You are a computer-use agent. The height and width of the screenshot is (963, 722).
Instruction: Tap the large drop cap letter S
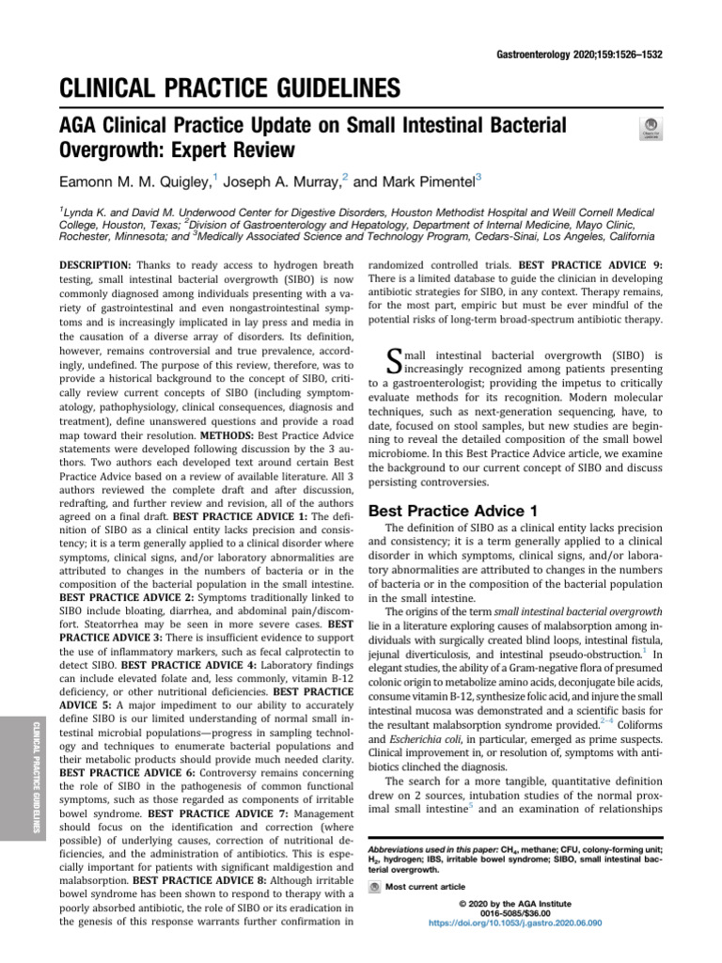click(396, 361)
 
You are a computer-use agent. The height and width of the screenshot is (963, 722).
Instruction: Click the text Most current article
click(425, 886)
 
